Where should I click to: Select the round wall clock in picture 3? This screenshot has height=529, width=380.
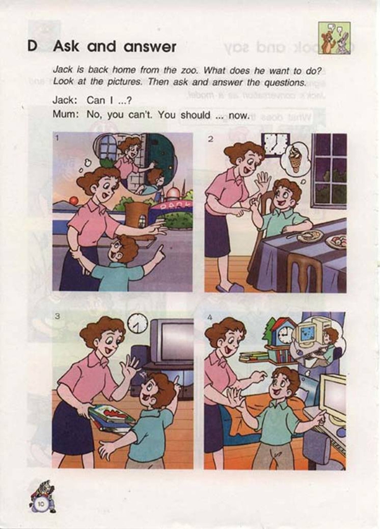click(137, 323)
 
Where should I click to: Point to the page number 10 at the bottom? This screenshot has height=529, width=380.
click(41, 504)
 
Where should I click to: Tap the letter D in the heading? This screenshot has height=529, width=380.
click(32, 46)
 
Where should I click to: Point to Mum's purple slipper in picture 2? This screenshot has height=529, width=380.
click(229, 288)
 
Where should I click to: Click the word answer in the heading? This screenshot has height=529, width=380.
click(149, 47)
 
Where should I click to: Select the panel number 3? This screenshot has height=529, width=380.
click(58, 316)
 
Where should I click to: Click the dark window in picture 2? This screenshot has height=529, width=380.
click(329, 171)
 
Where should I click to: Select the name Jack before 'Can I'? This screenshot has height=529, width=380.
click(63, 100)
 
